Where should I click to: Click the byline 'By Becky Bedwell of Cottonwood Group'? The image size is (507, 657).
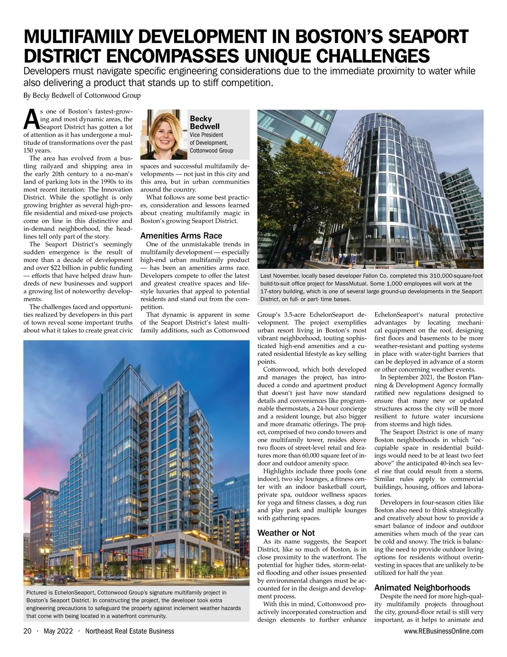[x=82, y=95]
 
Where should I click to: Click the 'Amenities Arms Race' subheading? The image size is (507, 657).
[x=181, y=236]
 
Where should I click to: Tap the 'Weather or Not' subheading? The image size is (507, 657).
[x=286, y=533]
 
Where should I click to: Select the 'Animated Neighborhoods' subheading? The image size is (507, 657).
[x=422, y=588]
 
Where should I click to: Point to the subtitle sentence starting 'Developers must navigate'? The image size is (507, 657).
[x=249, y=76]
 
